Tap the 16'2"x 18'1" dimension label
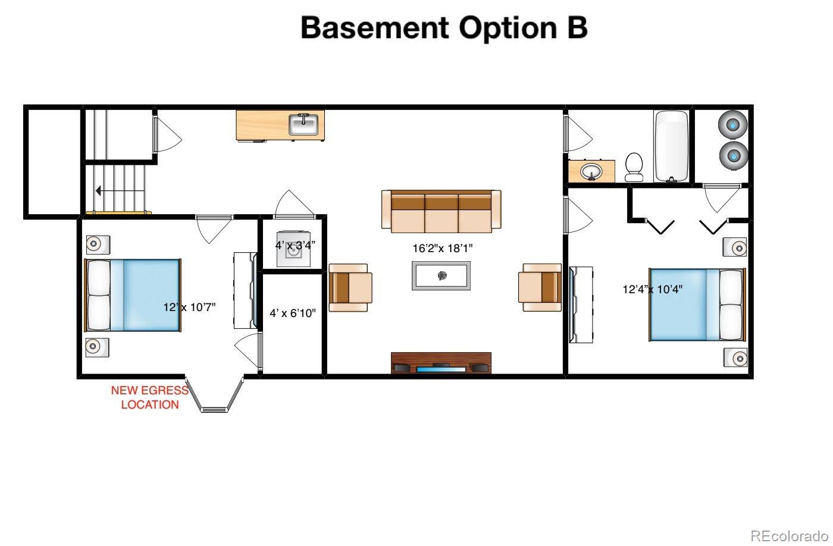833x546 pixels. pyautogui.click(x=443, y=248)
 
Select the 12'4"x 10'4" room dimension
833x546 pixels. pyautogui.click(x=652, y=289)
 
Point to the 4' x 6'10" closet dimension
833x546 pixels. pyautogui.click(x=293, y=313)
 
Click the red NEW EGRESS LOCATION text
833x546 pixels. pyautogui.click(x=150, y=397)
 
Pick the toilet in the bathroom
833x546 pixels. pyautogui.click(x=634, y=167)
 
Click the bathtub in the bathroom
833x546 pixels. pyautogui.click(x=671, y=146)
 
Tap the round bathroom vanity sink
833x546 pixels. pyautogui.click(x=591, y=172)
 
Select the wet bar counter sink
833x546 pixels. pyautogui.click(x=303, y=125)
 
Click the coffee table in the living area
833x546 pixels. pyautogui.click(x=441, y=276)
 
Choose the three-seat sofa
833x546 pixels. pyautogui.click(x=441, y=212)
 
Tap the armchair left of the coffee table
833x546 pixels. pyautogui.click(x=350, y=288)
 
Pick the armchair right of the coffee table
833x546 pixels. pyautogui.click(x=540, y=288)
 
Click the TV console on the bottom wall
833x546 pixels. pyautogui.click(x=441, y=363)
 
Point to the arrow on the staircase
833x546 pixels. pyautogui.click(x=120, y=191)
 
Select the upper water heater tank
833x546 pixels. pyautogui.click(x=732, y=125)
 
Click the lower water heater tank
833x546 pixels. pyautogui.click(x=733, y=156)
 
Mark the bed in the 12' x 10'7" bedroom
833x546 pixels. pyautogui.click(x=133, y=295)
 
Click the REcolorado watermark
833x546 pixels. pyautogui.click(x=789, y=536)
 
